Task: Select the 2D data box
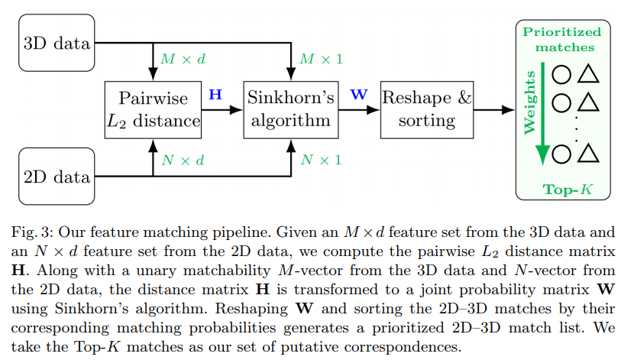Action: tap(56, 177)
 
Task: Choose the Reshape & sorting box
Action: tap(427, 110)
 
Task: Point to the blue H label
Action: tap(215, 95)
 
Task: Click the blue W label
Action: tap(357, 95)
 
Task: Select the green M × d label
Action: tap(183, 60)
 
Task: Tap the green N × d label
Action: tap(182, 161)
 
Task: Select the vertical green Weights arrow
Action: tap(542, 115)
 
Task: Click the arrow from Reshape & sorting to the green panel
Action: tap(495, 111)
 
